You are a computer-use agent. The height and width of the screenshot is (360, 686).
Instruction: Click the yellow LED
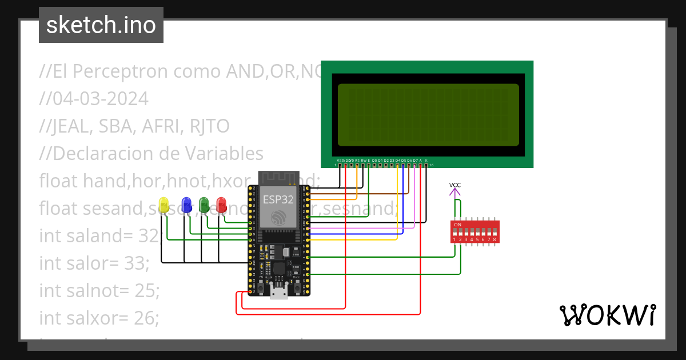pyautogui.click(x=163, y=205)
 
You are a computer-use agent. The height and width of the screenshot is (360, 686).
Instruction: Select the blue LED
pyautogui.click(x=186, y=205)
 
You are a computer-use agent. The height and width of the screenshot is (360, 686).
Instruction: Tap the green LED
pyautogui.click(x=204, y=205)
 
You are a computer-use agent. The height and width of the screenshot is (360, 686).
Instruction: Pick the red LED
pyautogui.click(x=221, y=205)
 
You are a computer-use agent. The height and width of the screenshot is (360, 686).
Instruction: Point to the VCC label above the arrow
pyautogui.click(x=455, y=185)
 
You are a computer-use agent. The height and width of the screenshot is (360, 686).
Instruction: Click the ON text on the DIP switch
pyautogui.click(x=457, y=225)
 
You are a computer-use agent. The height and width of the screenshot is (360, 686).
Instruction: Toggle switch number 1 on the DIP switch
pyautogui.click(x=455, y=233)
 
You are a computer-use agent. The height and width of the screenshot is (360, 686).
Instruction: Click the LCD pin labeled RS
pyautogui.click(x=357, y=165)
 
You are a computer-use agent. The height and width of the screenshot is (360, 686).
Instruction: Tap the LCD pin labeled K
pyautogui.click(x=426, y=165)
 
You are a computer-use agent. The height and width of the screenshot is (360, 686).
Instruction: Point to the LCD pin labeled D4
pyautogui.click(x=397, y=165)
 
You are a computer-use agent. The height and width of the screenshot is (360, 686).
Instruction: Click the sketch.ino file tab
pyautogui.click(x=101, y=25)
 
